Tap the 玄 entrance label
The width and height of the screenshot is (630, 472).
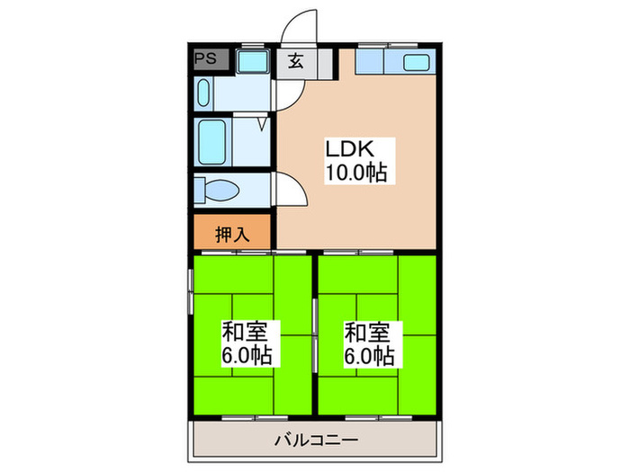(295, 61)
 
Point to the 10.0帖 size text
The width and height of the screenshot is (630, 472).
(355, 173)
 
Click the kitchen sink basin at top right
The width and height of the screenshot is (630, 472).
(417, 63)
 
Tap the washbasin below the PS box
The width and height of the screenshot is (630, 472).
(204, 94)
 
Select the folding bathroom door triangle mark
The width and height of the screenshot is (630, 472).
(262, 122)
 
